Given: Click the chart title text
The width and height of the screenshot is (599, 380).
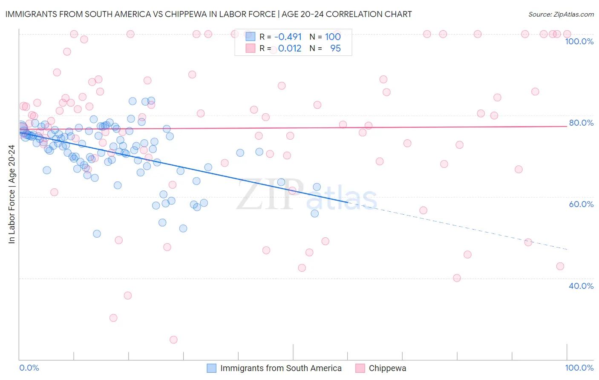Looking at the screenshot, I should pos(208,14).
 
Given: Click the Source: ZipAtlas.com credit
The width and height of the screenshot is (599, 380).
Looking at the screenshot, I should pos(561,14).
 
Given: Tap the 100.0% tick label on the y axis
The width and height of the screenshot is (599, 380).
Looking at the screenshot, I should pos(579,41).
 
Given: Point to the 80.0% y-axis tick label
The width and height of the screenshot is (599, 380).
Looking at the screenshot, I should pos(581,123).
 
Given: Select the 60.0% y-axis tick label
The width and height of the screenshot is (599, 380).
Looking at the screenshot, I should pos(581,204).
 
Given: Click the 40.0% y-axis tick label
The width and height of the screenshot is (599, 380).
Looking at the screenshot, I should pos(581,286).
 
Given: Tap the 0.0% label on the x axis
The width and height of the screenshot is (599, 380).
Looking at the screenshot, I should pos(29,368).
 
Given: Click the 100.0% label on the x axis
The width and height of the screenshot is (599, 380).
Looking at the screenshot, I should pos(579,368).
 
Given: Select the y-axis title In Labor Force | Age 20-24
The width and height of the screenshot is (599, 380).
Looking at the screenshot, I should pos(12,194).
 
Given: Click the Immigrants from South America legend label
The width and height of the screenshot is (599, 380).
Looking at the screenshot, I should pos(281,368).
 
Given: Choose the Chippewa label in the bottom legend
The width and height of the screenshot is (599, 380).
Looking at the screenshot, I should pos(387,368).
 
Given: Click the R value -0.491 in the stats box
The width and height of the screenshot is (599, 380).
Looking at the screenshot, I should pos(288,37).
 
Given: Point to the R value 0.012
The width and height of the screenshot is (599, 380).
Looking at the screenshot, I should pos(290,49).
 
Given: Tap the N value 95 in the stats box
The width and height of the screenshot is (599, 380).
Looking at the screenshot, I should pos(335,49).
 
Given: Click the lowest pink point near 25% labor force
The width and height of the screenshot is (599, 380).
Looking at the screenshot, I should pos(173,340).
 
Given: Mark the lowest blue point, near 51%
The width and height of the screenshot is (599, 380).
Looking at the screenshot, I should pos(97,233).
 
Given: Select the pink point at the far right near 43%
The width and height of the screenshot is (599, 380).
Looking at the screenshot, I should pos(560,266).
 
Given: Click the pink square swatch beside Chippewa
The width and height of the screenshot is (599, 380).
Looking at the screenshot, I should pos(360,368).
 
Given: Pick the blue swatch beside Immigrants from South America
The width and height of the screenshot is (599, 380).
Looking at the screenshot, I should pos(212,368).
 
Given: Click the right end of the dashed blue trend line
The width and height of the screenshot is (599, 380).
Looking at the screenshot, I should pos(567,249).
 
